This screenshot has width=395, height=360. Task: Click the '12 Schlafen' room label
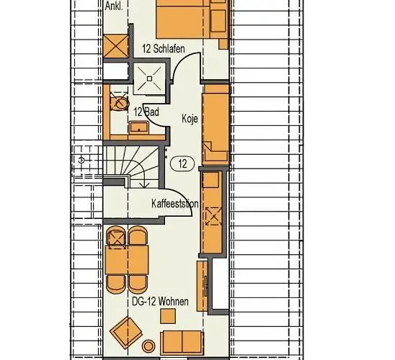[163, 48]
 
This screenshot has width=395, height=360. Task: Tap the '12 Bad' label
[146, 112]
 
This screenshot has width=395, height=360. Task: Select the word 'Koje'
[190, 119]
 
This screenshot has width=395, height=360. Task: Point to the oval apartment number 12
[182, 163]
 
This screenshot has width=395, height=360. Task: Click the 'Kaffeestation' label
[175, 203]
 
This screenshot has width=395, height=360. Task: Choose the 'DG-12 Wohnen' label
[160, 302]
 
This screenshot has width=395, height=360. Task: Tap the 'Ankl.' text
[114, 6]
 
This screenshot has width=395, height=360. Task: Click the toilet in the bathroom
[120, 102]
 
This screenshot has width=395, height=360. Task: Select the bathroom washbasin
[138, 127]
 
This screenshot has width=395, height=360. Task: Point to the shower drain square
[149, 78]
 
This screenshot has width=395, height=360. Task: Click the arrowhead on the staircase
[144, 185]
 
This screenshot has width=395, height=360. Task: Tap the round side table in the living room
[148, 346]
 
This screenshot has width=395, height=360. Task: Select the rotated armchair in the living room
[126, 333]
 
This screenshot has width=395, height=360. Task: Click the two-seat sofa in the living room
[182, 342]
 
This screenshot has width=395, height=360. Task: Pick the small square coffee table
[168, 316]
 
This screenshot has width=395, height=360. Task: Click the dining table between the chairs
[127, 260]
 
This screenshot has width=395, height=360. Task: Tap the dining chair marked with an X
[116, 237]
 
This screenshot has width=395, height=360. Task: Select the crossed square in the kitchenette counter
[213, 216]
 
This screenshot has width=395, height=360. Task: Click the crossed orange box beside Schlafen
[115, 46]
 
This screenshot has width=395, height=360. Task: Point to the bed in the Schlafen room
[182, 19]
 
